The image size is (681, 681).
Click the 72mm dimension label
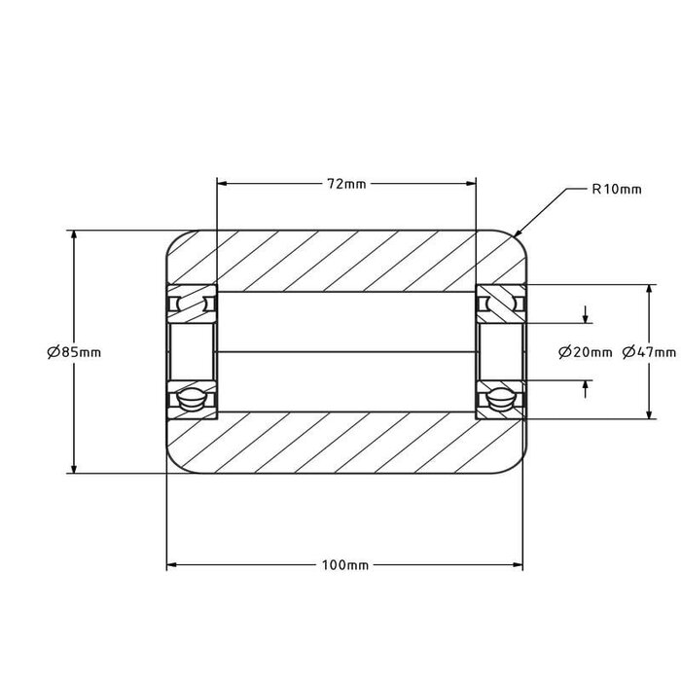click(x=346, y=184)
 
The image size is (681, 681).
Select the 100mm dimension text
click(x=345, y=565)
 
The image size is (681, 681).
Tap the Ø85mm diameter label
click(x=74, y=352)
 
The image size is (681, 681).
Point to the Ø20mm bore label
click(x=586, y=352)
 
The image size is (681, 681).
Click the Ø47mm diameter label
click(x=649, y=352)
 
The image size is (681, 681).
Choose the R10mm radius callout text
click(x=617, y=190)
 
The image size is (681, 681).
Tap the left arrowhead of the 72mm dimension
click(x=223, y=184)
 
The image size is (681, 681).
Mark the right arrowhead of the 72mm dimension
click(x=471, y=184)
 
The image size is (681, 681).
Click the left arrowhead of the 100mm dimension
click(x=172, y=565)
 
